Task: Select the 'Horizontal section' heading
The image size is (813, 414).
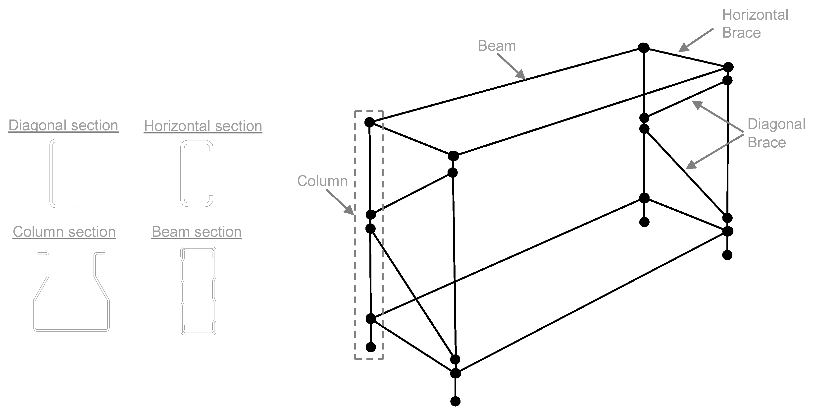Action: (x=203, y=126)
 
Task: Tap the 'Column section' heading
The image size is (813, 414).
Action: (x=64, y=232)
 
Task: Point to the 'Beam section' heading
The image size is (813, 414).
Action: (x=196, y=232)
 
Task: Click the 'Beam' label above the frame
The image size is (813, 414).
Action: (x=497, y=46)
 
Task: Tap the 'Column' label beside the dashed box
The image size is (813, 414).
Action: (x=322, y=181)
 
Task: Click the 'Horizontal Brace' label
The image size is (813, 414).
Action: (x=755, y=24)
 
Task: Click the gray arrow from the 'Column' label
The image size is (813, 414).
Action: (x=340, y=202)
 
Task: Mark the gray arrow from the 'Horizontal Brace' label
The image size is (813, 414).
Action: (x=696, y=40)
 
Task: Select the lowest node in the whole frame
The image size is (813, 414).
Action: (x=455, y=401)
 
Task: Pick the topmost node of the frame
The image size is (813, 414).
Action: (x=644, y=48)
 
